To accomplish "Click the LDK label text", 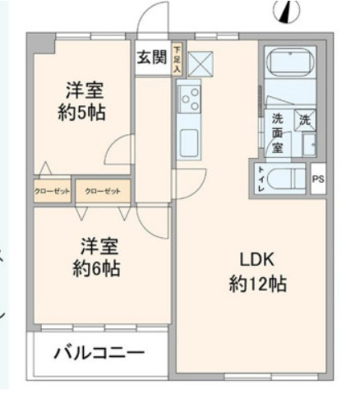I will click(x=256, y=257).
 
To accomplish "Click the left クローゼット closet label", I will click(x=53, y=191).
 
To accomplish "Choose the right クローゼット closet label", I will click(x=103, y=191).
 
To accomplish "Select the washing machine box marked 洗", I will click(x=305, y=119).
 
